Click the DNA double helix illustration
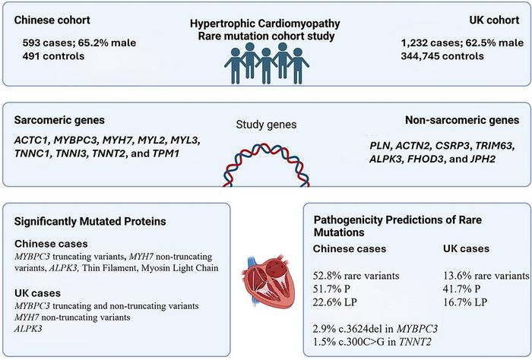point(266,168)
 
